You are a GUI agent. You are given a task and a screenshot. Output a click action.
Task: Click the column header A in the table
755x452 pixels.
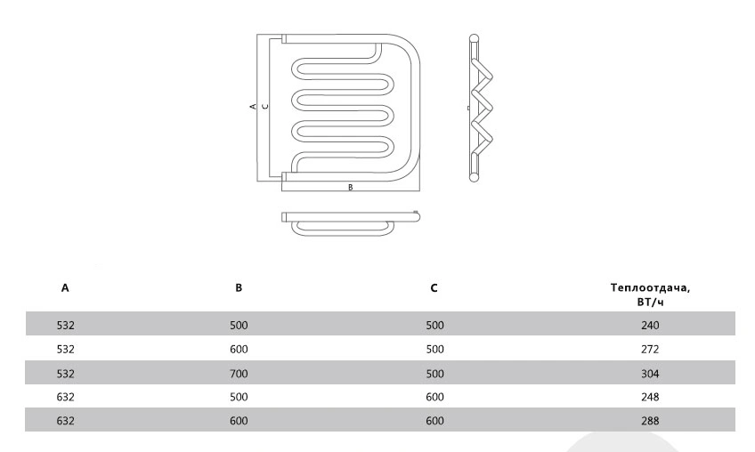pyautogui.click(x=65, y=288)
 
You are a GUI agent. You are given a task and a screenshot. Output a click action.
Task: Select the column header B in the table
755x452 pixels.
pyautogui.click(x=239, y=288)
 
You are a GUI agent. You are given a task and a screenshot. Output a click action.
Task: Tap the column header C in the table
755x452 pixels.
pyautogui.click(x=434, y=288)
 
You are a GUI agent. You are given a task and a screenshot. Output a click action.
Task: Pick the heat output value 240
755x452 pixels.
pyautogui.click(x=650, y=326)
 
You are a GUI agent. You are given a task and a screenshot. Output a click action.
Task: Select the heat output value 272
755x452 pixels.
pyautogui.click(x=650, y=349)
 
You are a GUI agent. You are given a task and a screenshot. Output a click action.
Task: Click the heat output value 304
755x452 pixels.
pyautogui.click(x=650, y=374)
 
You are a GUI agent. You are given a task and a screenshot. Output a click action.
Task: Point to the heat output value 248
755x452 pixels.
pyautogui.click(x=650, y=397)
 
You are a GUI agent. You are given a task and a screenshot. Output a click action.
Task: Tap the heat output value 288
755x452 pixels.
pyautogui.click(x=650, y=421)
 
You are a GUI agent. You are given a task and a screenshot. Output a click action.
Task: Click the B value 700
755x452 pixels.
pyautogui.click(x=239, y=374)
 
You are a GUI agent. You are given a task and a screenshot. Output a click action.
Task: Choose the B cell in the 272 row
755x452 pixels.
pyautogui.click(x=239, y=349)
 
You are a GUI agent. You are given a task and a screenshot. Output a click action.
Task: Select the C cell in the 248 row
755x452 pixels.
pyautogui.click(x=434, y=397)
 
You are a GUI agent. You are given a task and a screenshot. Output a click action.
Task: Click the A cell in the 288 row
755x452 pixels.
pyautogui.click(x=66, y=421)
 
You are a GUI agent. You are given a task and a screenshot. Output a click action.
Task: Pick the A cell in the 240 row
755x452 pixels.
pyautogui.click(x=66, y=326)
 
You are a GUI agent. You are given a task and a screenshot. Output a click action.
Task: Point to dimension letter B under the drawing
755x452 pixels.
pyautogui.click(x=351, y=187)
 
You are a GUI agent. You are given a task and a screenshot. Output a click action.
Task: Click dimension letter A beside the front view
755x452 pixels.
pyautogui.click(x=253, y=107)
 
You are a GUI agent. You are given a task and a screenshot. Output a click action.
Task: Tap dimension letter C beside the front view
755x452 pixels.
pyautogui.click(x=264, y=107)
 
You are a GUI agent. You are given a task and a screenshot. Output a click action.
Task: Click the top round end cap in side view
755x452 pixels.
pyautogui.click(x=474, y=38)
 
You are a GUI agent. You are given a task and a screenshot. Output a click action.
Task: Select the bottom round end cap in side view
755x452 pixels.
pyautogui.click(x=474, y=177)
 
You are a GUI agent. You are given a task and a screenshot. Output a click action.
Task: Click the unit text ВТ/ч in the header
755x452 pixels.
pyautogui.click(x=650, y=303)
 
